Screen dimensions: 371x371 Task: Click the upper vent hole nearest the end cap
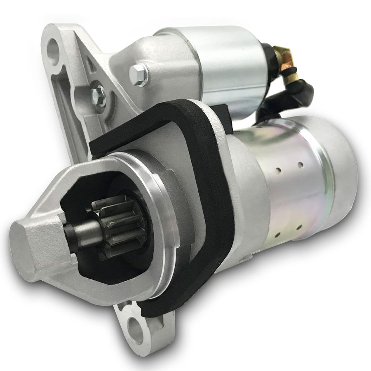(x=301, y=165)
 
